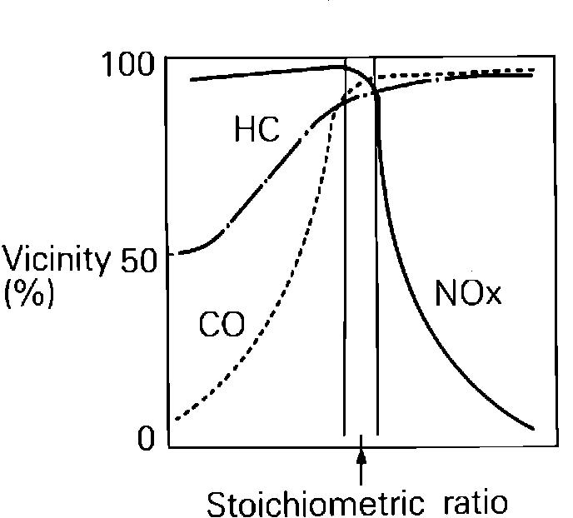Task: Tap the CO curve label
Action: tap(222, 326)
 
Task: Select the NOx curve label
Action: tap(469, 293)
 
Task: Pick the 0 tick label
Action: tap(147, 438)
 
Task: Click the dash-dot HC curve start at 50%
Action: tap(182, 252)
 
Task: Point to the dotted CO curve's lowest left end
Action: tap(177, 419)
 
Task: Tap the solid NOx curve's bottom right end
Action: tap(531, 429)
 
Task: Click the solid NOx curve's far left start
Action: tap(192, 79)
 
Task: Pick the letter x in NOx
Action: tap(493, 296)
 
